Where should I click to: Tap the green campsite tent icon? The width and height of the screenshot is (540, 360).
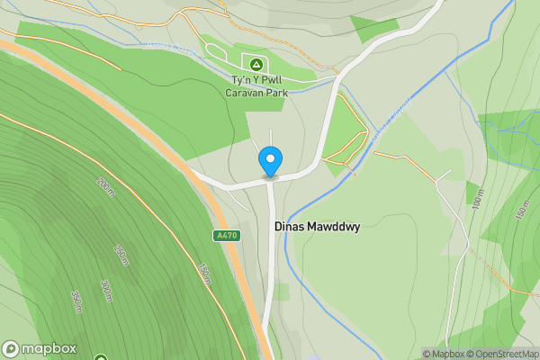click(x=256, y=65)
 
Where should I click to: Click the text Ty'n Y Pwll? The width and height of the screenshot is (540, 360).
click(x=256, y=79)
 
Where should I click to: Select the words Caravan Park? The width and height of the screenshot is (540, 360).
click(x=256, y=91)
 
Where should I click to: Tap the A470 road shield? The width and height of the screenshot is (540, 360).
click(x=228, y=235)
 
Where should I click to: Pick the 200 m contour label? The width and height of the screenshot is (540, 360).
click(x=106, y=187)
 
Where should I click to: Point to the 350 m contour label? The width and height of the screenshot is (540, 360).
click(x=77, y=301)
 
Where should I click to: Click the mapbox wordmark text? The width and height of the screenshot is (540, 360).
click(x=49, y=349)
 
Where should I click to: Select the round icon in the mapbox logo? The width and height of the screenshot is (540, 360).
click(x=11, y=349)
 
